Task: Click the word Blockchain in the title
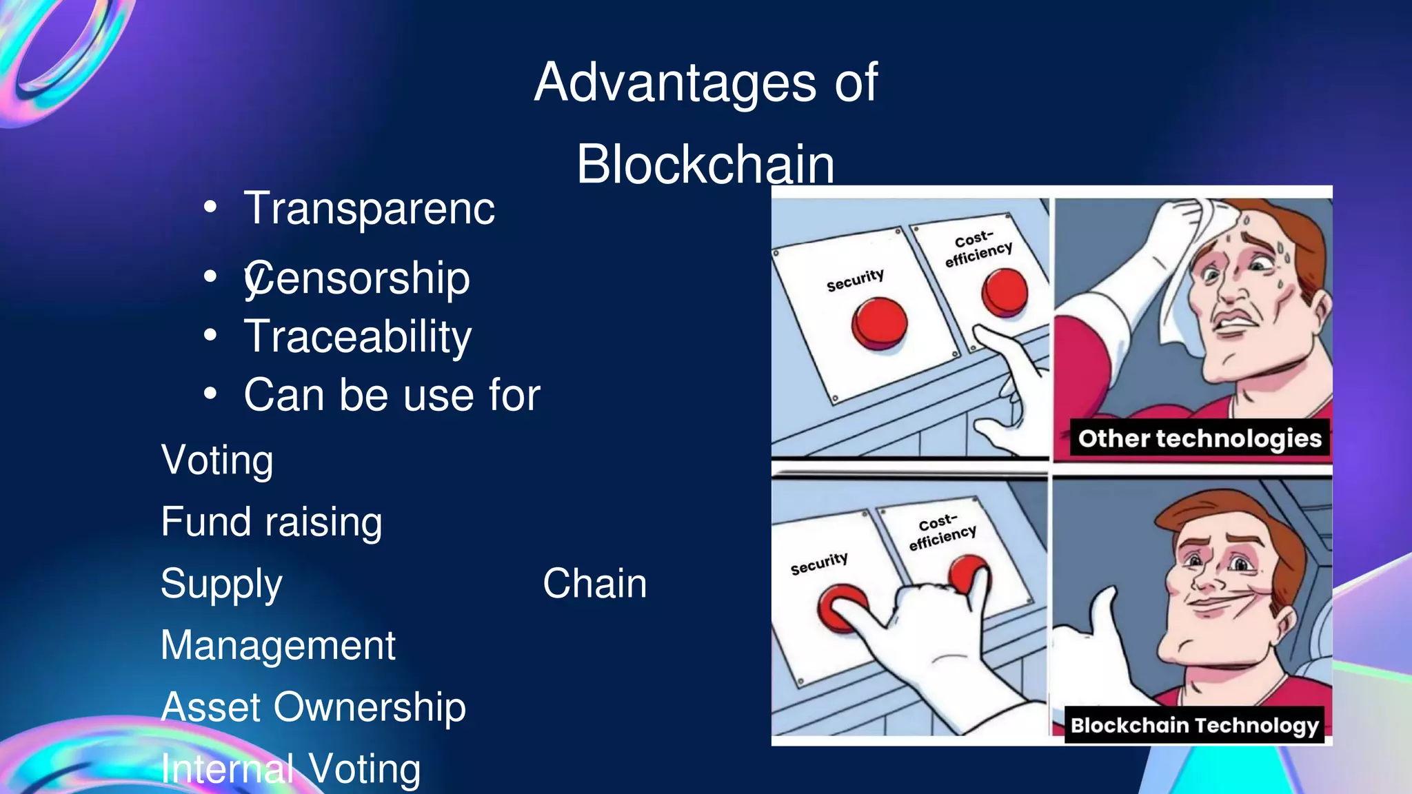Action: point(705,165)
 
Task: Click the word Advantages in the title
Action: point(674,83)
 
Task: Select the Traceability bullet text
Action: point(358,336)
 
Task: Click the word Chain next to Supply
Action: point(594,584)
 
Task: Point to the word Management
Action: point(278,646)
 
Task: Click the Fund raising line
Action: point(272,522)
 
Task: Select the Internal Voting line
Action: point(290,768)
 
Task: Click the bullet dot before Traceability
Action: point(210,336)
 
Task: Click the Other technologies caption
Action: point(1200,438)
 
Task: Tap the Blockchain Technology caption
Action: point(1194,725)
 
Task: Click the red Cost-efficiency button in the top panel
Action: point(1005,292)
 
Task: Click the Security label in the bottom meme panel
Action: point(819,564)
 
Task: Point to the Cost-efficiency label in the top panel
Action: point(978,249)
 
